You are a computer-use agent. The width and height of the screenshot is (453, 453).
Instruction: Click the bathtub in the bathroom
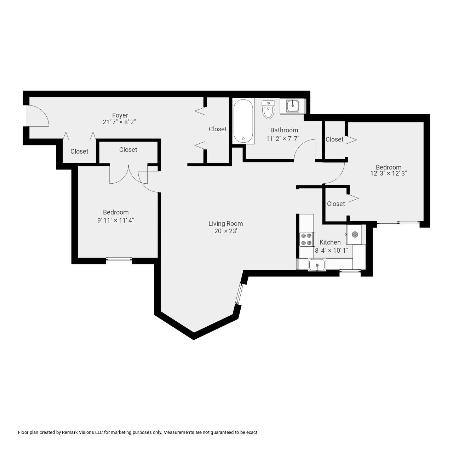pos(243,121)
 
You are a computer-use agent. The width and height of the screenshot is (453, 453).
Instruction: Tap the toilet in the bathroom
pos(268,109)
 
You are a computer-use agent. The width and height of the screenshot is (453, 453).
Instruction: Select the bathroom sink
pos(292,105)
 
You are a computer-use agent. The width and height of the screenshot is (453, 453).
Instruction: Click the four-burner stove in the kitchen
pos(307,239)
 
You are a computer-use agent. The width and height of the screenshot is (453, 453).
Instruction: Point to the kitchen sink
pos(317,265)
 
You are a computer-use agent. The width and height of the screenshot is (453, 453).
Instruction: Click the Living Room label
pos(225,224)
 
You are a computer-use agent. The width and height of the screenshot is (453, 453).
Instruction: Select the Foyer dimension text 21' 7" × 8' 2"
pos(119,122)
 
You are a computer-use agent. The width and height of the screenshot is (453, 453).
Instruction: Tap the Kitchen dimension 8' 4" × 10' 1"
pos(332,250)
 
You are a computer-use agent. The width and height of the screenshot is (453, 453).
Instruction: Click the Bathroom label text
pos(284,130)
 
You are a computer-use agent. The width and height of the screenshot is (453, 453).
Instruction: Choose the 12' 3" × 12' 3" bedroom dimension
pos(389,174)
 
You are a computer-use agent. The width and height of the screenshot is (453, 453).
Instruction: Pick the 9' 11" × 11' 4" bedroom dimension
pos(116,220)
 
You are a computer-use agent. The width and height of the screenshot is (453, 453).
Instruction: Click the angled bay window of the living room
pos(239,294)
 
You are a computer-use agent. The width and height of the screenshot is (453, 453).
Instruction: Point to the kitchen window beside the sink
pos(350,272)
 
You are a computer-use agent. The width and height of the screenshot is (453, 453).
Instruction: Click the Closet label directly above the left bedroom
pos(128,150)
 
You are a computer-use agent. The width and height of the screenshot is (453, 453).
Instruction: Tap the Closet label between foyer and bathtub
pos(218,129)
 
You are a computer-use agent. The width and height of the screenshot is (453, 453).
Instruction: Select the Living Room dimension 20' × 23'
pos(225,231)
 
